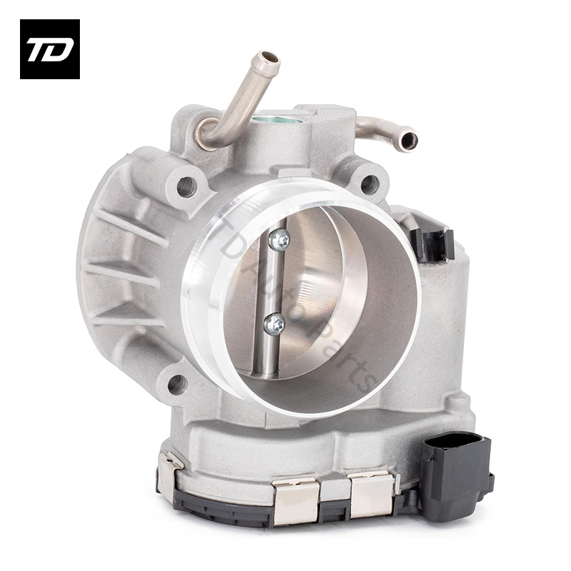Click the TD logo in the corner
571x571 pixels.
tap(49, 49)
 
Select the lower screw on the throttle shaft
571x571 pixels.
tap(274, 325)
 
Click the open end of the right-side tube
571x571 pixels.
tap(408, 138)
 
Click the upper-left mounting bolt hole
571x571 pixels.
tap(186, 187)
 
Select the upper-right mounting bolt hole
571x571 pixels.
tap(369, 184)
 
